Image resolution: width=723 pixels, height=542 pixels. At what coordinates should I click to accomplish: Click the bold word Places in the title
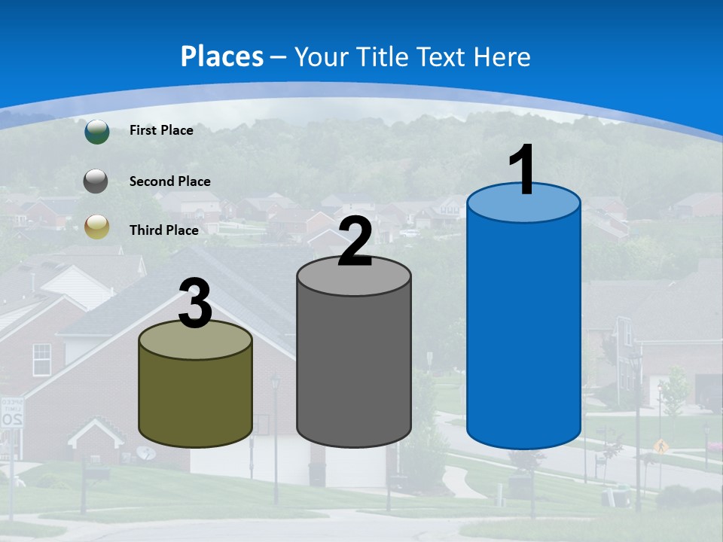coord(222,56)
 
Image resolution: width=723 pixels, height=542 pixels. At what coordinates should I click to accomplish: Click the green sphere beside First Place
coord(96,131)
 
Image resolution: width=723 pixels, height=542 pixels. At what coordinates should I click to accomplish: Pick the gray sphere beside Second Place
coord(96,181)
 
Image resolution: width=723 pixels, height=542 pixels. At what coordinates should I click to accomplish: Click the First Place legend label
coord(161,130)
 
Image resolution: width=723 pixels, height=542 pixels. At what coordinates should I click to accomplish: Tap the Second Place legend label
coord(169,181)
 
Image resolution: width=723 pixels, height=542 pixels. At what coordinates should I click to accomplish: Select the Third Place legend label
coord(163,230)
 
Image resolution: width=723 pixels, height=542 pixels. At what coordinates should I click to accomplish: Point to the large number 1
coord(522,170)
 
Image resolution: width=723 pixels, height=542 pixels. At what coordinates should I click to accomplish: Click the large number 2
coord(355,242)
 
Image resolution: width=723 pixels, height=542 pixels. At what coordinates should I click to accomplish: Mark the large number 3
coord(195,303)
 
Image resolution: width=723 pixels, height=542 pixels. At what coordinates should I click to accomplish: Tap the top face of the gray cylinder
coord(354,279)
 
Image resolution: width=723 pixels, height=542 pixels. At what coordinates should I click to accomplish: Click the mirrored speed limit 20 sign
coord(11,413)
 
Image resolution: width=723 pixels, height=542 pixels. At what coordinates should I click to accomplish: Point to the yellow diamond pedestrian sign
coord(660,446)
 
